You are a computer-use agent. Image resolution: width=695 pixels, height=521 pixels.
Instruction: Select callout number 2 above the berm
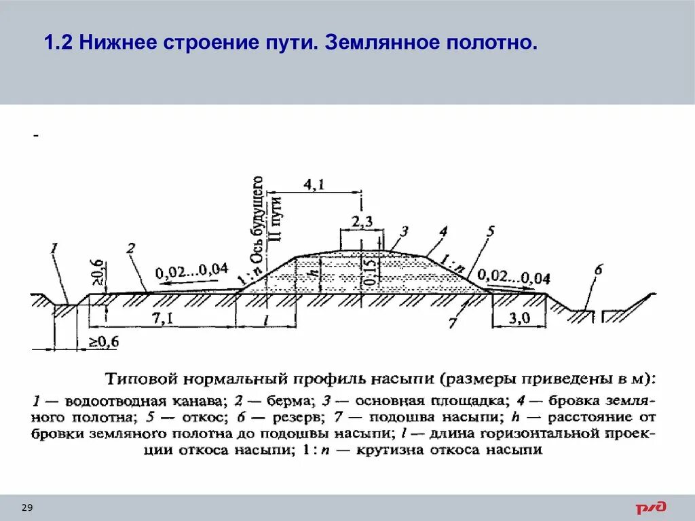coord(131,249)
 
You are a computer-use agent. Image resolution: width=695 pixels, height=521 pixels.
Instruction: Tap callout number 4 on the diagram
coord(443,232)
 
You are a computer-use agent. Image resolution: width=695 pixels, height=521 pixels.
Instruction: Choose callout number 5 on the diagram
coord(490,232)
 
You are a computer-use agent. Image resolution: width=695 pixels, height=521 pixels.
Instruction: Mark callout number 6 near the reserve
coord(598,270)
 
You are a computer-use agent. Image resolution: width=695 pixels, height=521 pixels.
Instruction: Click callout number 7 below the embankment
coord(452,324)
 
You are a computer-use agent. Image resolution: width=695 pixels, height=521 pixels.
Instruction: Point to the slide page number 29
coord(28,508)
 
